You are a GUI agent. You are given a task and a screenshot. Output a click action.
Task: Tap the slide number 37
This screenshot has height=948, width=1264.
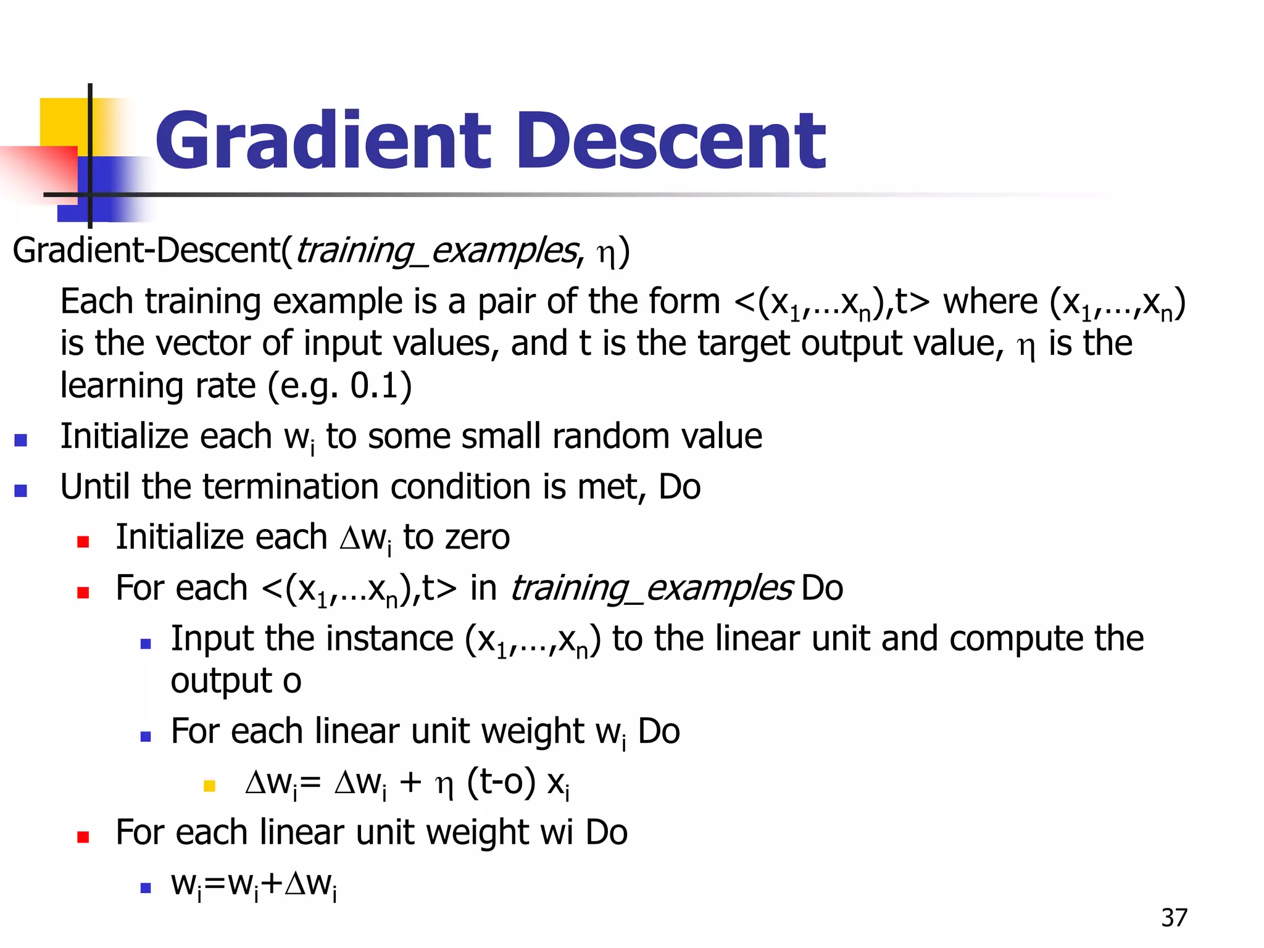pos(1174,918)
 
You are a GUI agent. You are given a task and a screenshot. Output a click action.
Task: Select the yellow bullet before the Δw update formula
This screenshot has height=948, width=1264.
pos(209,786)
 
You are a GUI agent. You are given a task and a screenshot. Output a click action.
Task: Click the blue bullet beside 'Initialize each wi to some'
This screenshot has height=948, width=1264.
pos(21,440)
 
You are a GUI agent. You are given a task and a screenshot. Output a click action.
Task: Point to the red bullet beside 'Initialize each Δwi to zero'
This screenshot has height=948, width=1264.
pos(83,541)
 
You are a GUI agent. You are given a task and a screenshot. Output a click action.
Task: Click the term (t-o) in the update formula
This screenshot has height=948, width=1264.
pos(501,783)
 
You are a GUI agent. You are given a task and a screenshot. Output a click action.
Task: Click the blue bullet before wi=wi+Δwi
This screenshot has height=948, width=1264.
pos(146,888)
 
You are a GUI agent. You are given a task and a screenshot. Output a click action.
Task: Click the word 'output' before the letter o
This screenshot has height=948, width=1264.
pos(221,681)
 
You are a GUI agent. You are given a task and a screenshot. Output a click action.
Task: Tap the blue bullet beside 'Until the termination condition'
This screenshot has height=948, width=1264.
pos(21,491)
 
